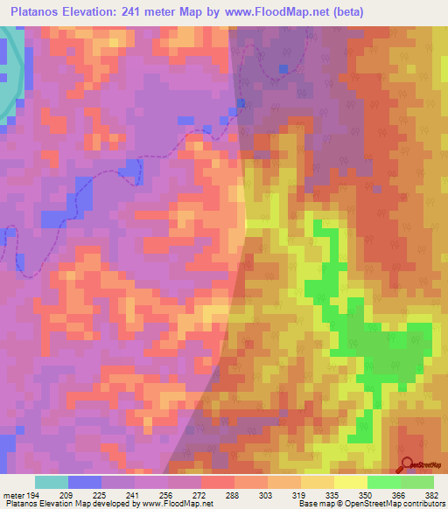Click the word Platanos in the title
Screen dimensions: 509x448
coord(38,12)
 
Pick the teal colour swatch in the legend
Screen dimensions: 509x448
coord(52,482)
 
